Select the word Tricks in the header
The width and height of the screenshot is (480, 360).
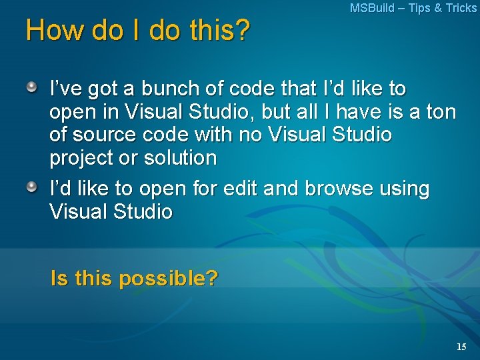(x=461, y=8)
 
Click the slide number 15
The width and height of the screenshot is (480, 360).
(x=461, y=347)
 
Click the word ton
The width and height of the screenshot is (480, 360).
(x=441, y=111)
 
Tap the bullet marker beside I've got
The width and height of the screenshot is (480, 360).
(x=32, y=87)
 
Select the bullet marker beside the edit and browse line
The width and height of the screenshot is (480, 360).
(x=32, y=187)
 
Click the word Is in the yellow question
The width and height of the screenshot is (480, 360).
(x=59, y=277)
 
